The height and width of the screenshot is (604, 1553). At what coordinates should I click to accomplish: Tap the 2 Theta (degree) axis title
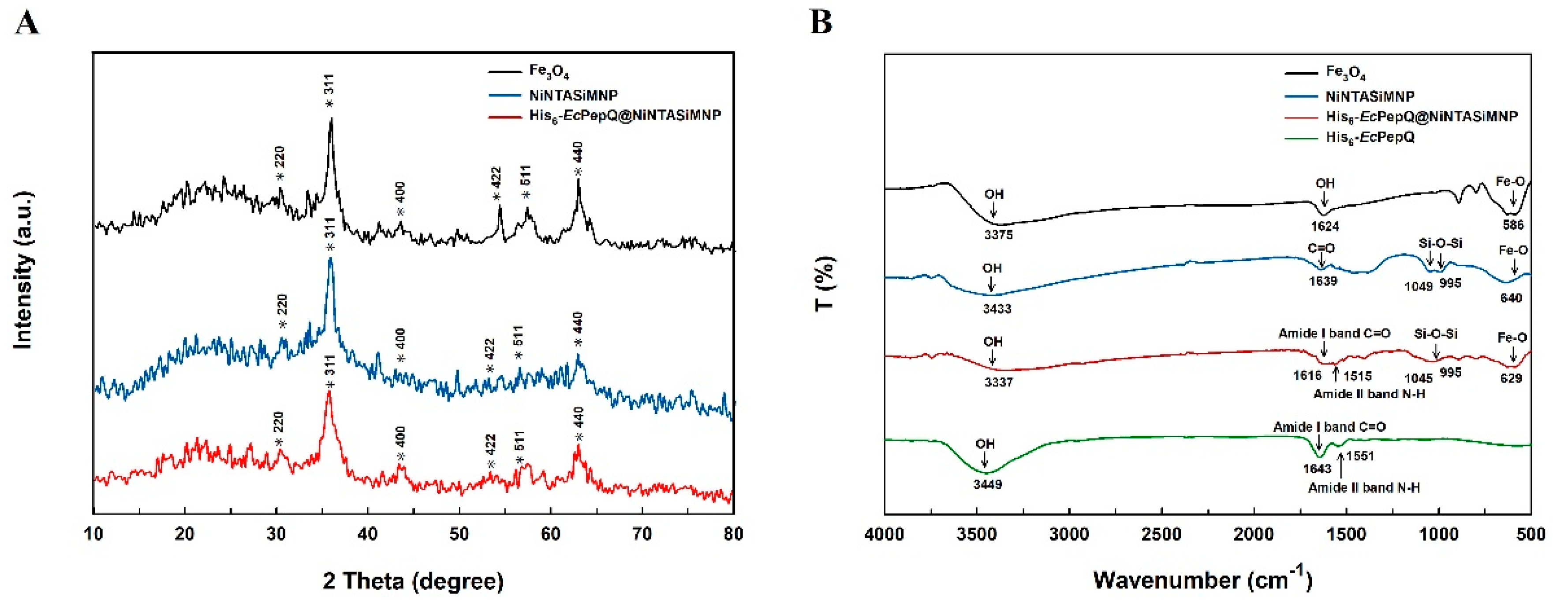[413, 581]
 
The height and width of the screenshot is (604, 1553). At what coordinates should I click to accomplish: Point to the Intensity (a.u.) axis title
[23, 270]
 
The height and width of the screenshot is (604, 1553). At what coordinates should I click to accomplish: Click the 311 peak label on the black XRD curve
[329, 91]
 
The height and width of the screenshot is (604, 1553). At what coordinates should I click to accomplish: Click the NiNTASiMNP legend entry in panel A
[573, 95]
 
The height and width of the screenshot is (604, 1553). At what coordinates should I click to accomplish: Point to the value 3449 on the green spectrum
[988, 484]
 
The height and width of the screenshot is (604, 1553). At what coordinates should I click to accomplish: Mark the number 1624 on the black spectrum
[1325, 226]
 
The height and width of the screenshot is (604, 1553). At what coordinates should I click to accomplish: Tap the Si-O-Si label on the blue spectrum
[1440, 243]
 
